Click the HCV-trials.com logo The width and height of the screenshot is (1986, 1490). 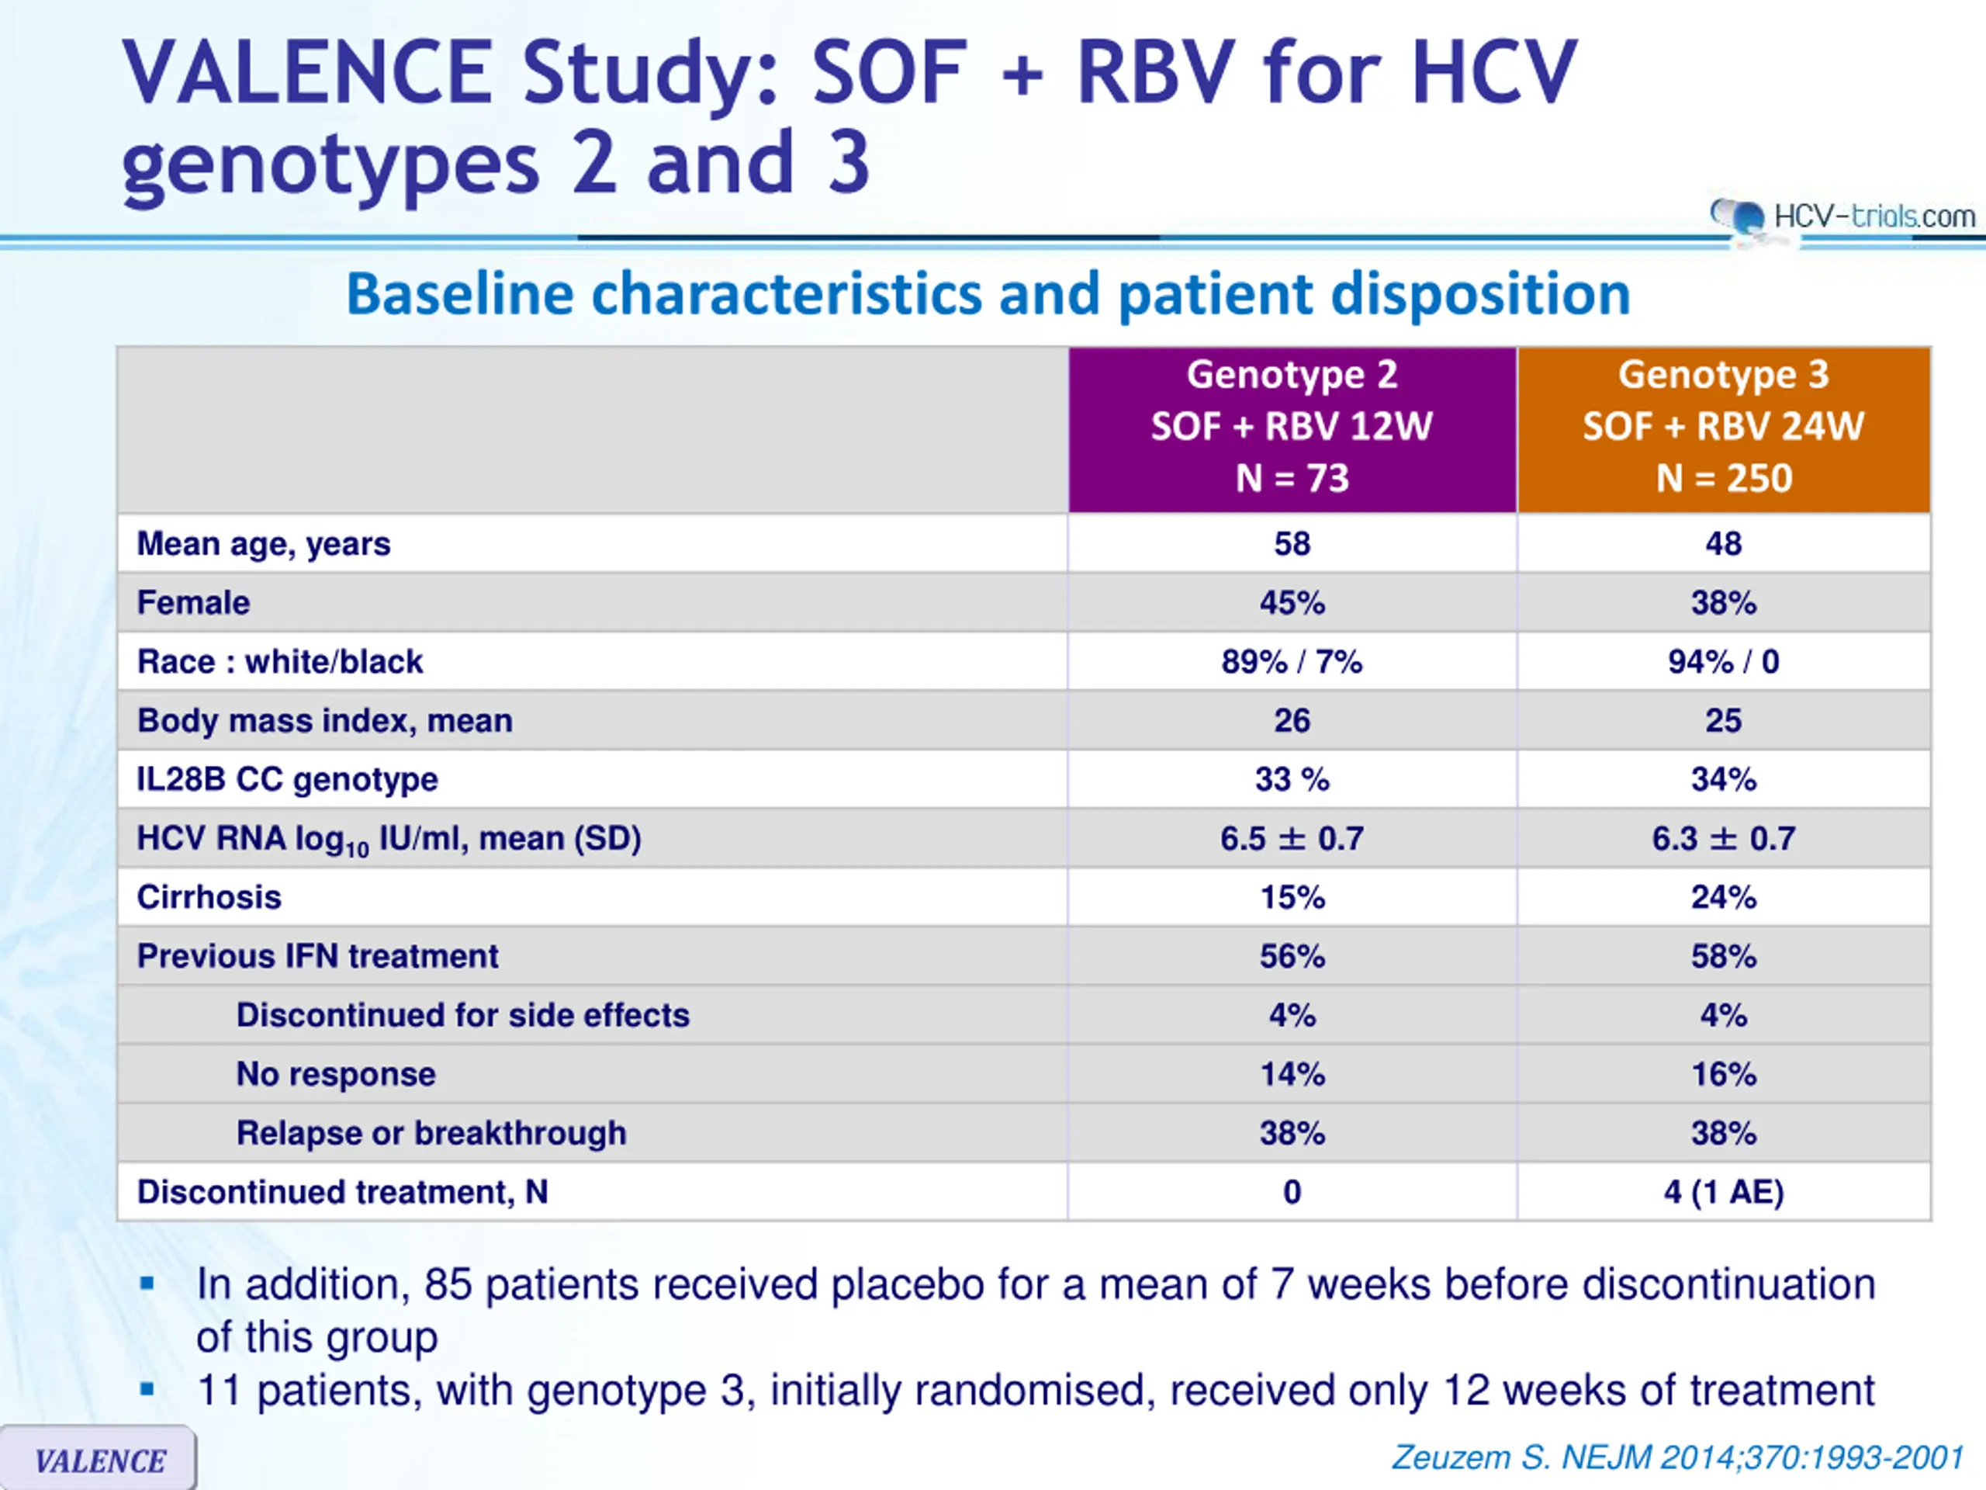click(1842, 217)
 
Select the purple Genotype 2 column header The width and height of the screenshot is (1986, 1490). click(1292, 429)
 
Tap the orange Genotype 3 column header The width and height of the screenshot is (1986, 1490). click(1724, 429)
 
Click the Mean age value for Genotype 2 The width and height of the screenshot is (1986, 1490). click(1292, 543)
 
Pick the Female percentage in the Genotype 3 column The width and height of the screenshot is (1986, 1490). click(1724, 603)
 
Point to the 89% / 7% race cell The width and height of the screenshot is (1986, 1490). click(1292, 662)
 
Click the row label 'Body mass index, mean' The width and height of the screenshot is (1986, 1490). click(324, 720)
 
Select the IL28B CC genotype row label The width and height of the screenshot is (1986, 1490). click(287, 780)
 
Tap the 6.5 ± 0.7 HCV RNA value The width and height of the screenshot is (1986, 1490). click(1292, 839)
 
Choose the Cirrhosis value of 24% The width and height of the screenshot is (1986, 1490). click(1724, 897)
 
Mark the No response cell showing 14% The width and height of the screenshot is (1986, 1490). click(1292, 1074)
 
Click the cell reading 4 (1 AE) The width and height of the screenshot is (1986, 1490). click(1724, 1192)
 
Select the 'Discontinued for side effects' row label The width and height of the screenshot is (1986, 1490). click(462, 1015)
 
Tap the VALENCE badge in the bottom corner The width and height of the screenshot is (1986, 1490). click(98, 1458)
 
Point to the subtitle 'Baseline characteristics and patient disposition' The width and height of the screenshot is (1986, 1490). click(988, 295)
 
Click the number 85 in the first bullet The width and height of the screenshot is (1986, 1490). click(448, 1284)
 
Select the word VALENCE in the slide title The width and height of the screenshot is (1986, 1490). click(306, 73)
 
